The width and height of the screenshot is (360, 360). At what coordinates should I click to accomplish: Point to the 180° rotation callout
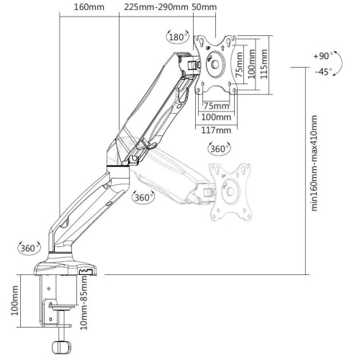coord(177,37)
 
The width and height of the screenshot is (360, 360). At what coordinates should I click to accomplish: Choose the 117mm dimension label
coord(216,130)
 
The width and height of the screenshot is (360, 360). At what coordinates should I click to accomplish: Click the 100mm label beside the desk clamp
coord(16,302)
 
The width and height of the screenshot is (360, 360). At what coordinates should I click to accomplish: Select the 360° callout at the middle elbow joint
coord(145,197)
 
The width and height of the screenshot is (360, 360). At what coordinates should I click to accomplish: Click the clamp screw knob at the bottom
coord(60,346)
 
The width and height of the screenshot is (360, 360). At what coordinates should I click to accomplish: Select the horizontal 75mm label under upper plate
coord(214,104)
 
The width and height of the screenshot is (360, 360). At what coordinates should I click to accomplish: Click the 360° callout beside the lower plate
coord(219,149)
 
